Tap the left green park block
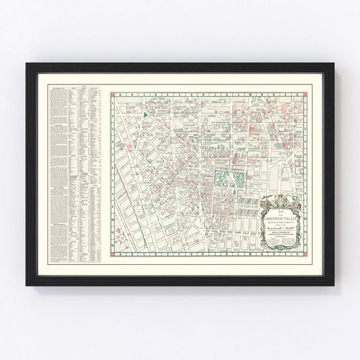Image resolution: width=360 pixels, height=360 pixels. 220,178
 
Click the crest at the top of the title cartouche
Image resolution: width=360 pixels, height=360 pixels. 282,200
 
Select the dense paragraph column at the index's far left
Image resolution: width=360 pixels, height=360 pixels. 59,176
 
